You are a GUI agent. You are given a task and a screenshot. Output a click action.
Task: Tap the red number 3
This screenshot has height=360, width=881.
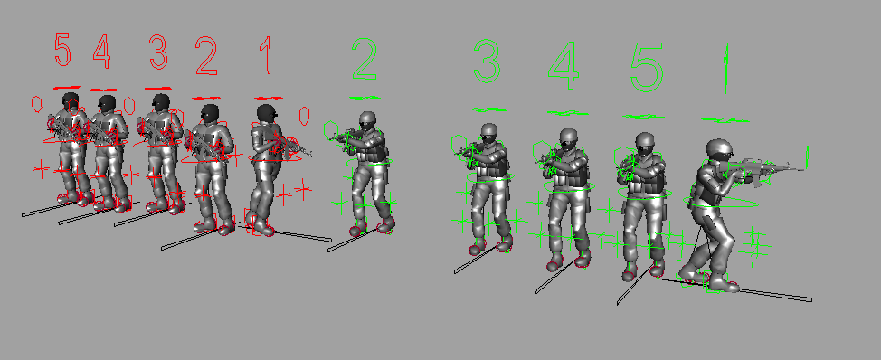pyautogui.click(x=158, y=52)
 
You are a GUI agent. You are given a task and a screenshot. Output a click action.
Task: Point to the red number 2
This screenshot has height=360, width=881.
pyautogui.click(x=206, y=56)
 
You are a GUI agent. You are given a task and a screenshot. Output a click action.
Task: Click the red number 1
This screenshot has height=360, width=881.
pyautogui.click(x=266, y=55)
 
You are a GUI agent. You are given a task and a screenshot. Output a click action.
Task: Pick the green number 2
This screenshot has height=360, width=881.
pyautogui.click(x=365, y=59)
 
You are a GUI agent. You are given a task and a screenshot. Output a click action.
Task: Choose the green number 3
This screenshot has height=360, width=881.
pyautogui.click(x=487, y=62)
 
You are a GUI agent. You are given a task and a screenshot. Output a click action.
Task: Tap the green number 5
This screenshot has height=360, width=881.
pyautogui.click(x=647, y=68)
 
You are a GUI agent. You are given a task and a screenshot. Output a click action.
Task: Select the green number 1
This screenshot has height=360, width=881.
pyautogui.click(x=726, y=69)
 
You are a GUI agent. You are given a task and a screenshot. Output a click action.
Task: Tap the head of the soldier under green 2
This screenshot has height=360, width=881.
pyautogui.click(x=367, y=121)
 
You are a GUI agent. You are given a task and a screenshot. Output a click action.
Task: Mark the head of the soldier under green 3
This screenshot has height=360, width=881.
pyautogui.click(x=488, y=133)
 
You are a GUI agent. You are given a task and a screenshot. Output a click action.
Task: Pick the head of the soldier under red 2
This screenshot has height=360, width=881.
pyautogui.click(x=210, y=113)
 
